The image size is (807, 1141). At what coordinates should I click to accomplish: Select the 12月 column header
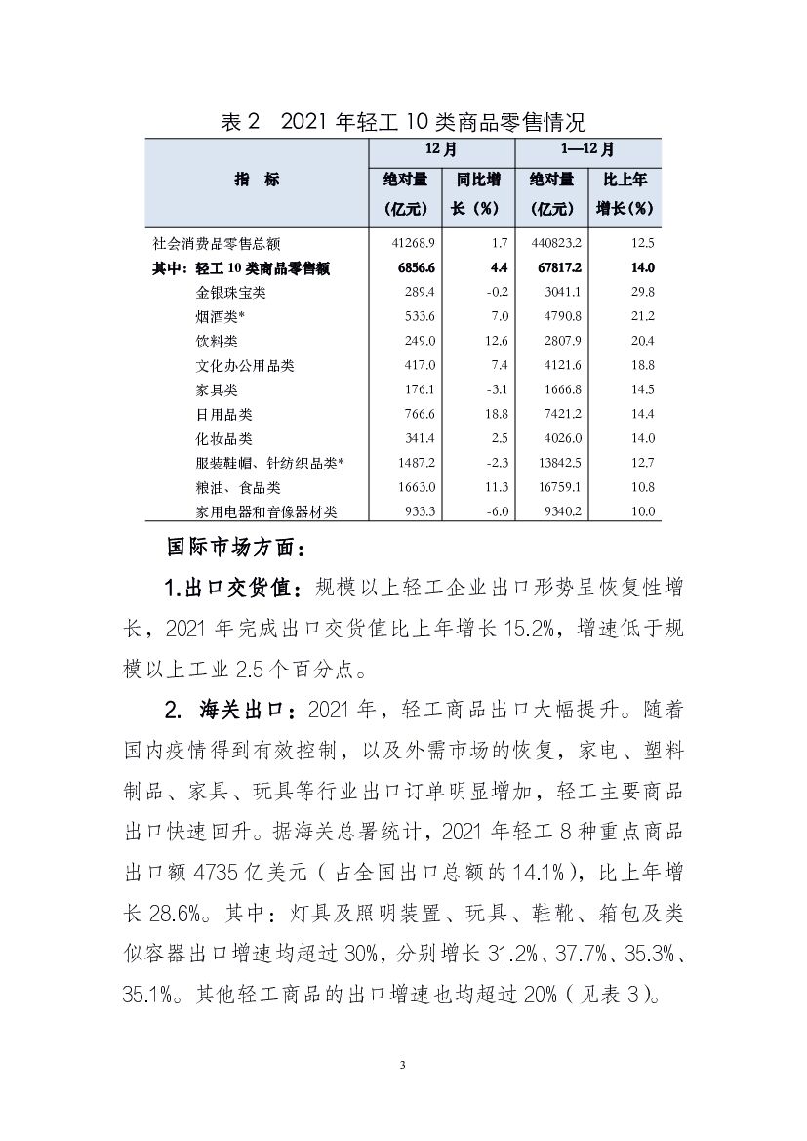click(441, 151)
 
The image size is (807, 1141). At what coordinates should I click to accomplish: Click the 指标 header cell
click(257, 180)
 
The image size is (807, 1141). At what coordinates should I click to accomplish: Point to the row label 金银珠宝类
click(230, 293)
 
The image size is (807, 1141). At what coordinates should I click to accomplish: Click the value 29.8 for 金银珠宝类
click(641, 293)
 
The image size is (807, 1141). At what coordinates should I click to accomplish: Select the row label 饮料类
click(217, 342)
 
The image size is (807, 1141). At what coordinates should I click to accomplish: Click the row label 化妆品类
click(223, 439)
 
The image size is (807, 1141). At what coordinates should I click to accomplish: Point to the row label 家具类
click(217, 390)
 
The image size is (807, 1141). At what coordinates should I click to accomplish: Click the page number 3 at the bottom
click(403, 1063)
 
